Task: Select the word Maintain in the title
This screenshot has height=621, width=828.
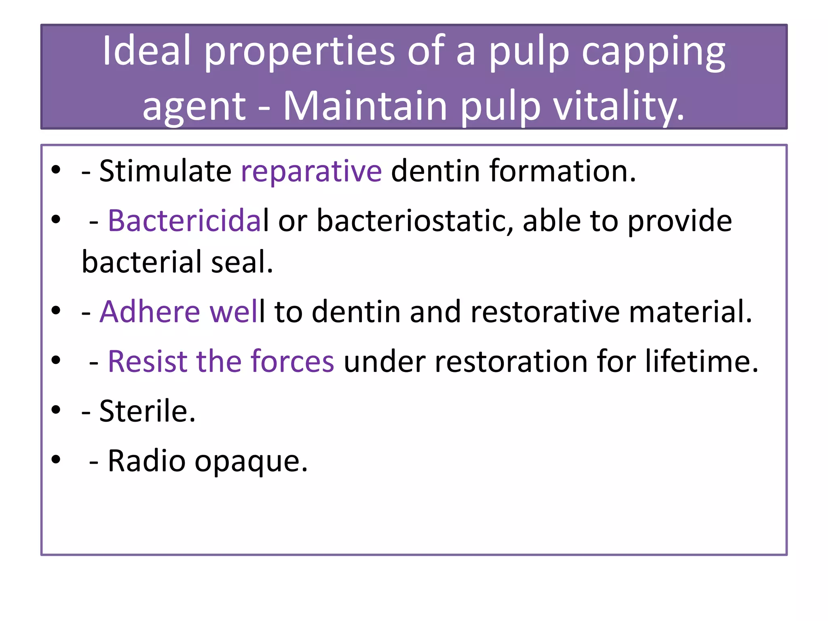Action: tap(365, 106)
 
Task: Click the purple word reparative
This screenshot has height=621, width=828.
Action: tap(311, 171)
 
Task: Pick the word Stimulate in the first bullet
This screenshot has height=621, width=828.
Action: tap(165, 171)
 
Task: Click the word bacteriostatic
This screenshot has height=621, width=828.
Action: tap(414, 221)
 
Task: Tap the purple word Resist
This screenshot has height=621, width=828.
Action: tap(147, 361)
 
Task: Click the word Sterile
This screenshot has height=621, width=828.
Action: tap(147, 411)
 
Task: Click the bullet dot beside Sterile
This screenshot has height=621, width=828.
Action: tap(56, 410)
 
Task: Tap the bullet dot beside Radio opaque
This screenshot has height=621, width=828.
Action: tap(56, 459)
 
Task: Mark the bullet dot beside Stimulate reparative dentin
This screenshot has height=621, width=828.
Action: tap(56, 170)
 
